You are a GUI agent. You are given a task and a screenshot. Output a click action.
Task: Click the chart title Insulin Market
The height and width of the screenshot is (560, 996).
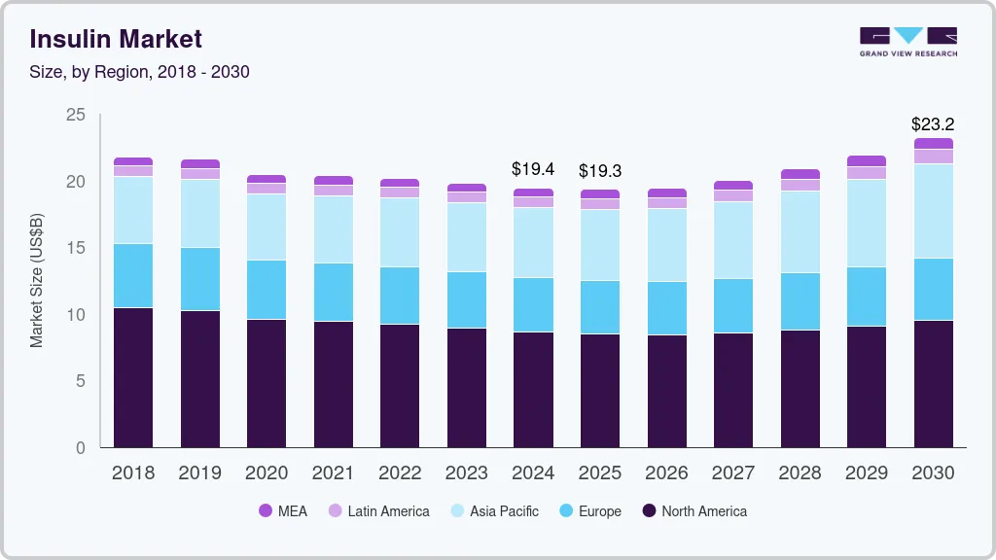(116, 39)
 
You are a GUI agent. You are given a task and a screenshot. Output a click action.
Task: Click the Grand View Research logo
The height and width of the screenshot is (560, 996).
(907, 41)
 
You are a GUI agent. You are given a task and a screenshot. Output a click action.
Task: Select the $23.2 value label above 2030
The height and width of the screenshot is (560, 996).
(932, 124)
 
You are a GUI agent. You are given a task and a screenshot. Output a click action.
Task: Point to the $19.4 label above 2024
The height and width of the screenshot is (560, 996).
(533, 169)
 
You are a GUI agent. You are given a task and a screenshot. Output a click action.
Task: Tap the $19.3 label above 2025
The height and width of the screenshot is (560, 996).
(599, 171)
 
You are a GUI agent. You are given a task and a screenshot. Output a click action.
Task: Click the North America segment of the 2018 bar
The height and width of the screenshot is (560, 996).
(133, 377)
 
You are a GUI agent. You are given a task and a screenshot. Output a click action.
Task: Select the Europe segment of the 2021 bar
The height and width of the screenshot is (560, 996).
(333, 292)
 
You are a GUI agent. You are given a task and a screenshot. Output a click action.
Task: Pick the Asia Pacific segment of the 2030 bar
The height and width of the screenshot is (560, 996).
(933, 211)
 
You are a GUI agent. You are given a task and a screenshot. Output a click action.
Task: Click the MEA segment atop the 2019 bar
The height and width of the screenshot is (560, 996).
(199, 164)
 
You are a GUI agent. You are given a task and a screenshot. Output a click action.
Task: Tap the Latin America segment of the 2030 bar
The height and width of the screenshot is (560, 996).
(933, 157)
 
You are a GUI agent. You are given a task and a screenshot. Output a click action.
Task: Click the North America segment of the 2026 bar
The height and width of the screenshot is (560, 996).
(666, 391)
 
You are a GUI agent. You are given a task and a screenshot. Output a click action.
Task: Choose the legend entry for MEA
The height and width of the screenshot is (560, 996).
(282, 511)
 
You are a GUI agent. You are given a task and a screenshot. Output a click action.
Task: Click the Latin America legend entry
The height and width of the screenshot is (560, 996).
(378, 511)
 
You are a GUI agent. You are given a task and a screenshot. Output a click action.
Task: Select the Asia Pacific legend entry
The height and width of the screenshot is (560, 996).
(494, 511)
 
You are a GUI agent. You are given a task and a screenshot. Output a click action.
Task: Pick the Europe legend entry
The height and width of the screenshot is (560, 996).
(589, 511)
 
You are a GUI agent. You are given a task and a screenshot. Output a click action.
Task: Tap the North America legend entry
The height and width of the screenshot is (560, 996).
(694, 511)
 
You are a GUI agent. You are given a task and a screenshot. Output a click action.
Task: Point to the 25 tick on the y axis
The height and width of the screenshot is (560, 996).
(76, 116)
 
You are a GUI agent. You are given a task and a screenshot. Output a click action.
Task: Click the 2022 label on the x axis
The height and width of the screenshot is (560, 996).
(400, 473)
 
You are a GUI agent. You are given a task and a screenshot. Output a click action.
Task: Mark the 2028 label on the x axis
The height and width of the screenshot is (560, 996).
(800, 473)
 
